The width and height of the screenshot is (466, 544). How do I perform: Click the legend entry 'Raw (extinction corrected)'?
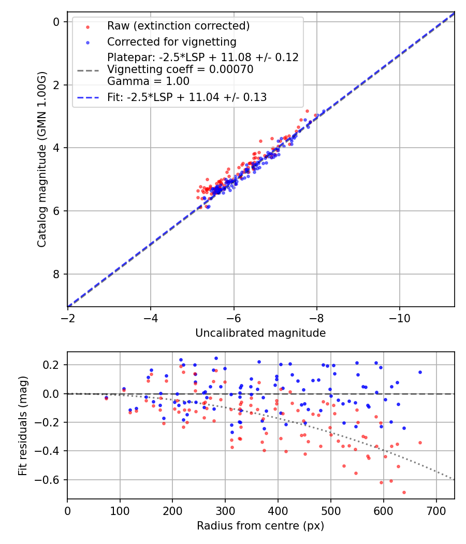[x=178, y=26]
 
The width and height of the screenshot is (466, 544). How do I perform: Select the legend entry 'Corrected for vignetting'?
[x=171, y=42]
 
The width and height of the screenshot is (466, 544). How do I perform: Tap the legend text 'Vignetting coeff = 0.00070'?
[x=180, y=69]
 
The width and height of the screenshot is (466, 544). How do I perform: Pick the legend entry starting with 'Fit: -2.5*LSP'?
[x=187, y=97]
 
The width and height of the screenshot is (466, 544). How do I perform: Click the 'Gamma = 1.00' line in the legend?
[x=148, y=81]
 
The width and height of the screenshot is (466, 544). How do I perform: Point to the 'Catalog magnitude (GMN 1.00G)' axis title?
[x=42, y=160]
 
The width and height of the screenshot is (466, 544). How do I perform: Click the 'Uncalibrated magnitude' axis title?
[x=260, y=333]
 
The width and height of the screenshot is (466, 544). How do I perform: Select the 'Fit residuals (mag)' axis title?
[x=22, y=425]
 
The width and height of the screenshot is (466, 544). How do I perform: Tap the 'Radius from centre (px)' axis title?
[x=260, y=525]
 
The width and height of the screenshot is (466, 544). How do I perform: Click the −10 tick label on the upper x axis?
[x=399, y=318]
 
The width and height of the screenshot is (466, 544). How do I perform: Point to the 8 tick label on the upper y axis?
[x=56, y=274]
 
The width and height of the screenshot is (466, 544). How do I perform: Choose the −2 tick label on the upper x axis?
[x=67, y=318]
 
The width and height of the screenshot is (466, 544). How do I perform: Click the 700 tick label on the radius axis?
[x=436, y=510]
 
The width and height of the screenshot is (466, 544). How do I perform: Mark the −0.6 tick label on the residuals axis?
[x=50, y=480]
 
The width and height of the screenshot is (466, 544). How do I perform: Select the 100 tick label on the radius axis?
[x=120, y=510]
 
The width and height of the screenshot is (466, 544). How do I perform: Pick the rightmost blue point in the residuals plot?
[x=420, y=372]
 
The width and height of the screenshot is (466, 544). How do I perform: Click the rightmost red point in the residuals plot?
[x=420, y=442]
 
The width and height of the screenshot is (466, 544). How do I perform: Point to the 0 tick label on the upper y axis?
[x=56, y=22]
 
